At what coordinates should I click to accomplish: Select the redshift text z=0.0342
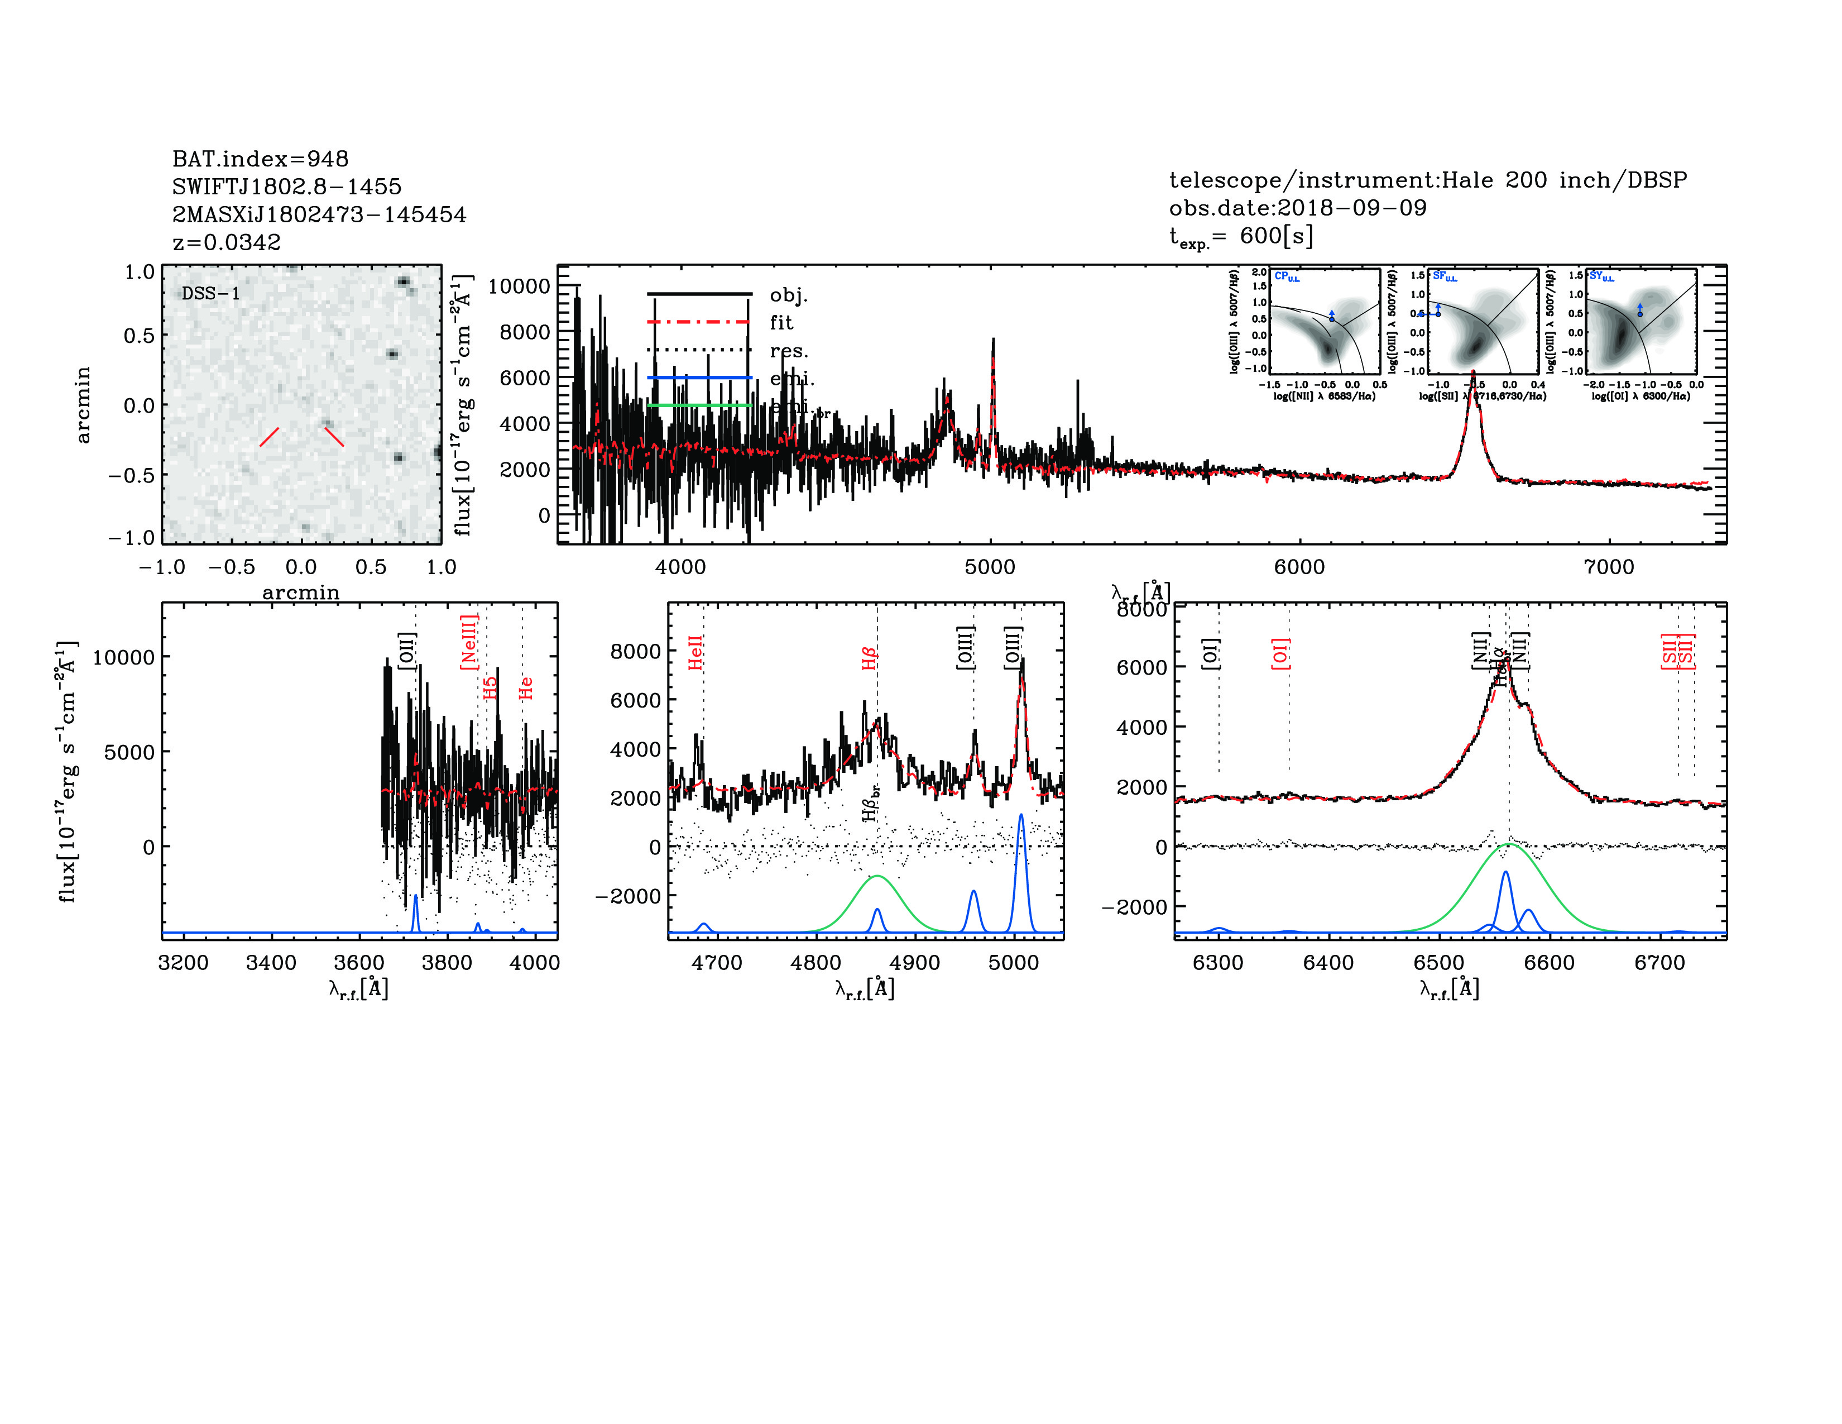point(226,242)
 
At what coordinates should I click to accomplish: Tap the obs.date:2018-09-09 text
point(1297,208)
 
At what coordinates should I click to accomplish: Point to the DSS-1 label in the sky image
point(211,294)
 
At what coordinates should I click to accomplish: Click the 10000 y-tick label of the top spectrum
point(519,287)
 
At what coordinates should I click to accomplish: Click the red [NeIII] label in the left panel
point(469,642)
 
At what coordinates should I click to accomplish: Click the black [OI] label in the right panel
point(1210,654)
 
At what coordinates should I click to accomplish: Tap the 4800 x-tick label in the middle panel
point(816,963)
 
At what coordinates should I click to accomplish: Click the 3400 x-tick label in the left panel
point(271,963)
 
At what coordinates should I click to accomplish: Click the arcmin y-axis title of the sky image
point(83,405)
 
